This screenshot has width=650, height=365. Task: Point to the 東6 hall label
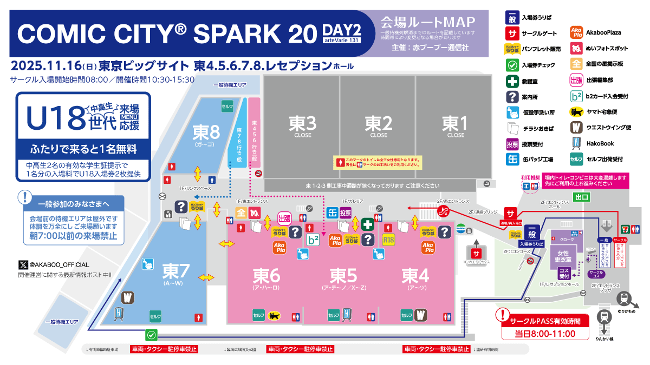click(x=266, y=276)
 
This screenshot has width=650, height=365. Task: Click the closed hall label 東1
click(x=455, y=124)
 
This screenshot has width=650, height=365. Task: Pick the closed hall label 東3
click(x=302, y=124)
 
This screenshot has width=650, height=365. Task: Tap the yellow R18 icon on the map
click(x=388, y=240)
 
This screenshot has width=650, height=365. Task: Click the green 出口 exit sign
click(x=582, y=197)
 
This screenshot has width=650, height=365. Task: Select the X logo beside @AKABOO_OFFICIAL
click(x=23, y=264)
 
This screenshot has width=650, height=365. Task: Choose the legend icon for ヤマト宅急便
click(x=577, y=112)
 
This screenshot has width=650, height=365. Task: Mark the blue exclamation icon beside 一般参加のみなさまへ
click(x=24, y=197)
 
